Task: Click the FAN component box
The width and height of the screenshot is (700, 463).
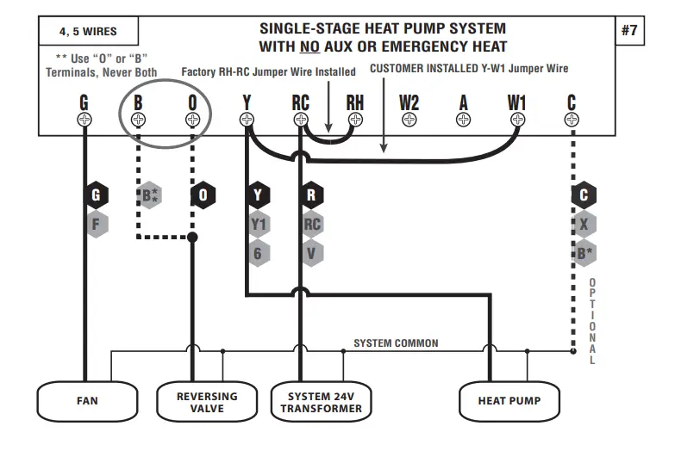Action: (87, 401)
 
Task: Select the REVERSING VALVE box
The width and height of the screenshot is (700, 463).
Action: (207, 402)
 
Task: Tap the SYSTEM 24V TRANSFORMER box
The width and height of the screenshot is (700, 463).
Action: (321, 402)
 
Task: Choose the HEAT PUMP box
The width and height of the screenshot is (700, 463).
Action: (509, 401)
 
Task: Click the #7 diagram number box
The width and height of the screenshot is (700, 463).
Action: (630, 31)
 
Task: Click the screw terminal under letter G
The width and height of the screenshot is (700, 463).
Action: (84, 120)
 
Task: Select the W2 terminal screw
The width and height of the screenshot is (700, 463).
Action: (409, 120)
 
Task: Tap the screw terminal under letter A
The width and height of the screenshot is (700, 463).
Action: (464, 120)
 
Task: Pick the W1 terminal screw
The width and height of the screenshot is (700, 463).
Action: (517, 120)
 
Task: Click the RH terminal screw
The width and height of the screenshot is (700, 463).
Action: (355, 120)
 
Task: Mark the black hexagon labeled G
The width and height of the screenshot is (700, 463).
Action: (95, 195)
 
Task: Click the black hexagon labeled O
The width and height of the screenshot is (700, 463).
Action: (203, 195)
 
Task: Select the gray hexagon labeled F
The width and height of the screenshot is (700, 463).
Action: (95, 225)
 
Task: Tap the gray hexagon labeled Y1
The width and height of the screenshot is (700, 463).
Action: (258, 225)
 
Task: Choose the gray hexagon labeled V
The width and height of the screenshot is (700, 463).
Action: (311, 253)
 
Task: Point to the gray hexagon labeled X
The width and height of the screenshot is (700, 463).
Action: (584, 225)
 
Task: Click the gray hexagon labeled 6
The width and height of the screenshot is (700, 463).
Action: (258, 253)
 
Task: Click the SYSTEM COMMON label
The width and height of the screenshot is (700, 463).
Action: (396, 343)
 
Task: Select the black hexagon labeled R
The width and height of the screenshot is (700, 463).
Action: (311, 195)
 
